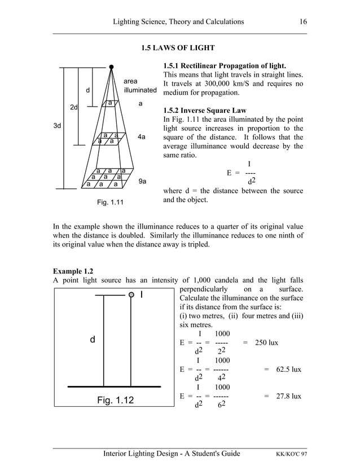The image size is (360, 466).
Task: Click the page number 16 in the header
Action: (303, 22)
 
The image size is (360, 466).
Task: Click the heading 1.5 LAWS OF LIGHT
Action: (178, 48)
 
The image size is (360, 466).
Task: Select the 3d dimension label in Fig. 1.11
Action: (58, 126)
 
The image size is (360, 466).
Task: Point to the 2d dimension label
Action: (73, 107)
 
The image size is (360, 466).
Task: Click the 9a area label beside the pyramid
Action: (143, 182)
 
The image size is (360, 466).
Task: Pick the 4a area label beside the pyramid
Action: (142, 137)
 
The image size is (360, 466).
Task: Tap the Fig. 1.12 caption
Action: (115, 401)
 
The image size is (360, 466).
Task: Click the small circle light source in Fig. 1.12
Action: (131, 294)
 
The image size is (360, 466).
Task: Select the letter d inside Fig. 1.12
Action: (93, 340)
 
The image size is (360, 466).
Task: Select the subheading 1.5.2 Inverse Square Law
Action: (204, 109)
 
